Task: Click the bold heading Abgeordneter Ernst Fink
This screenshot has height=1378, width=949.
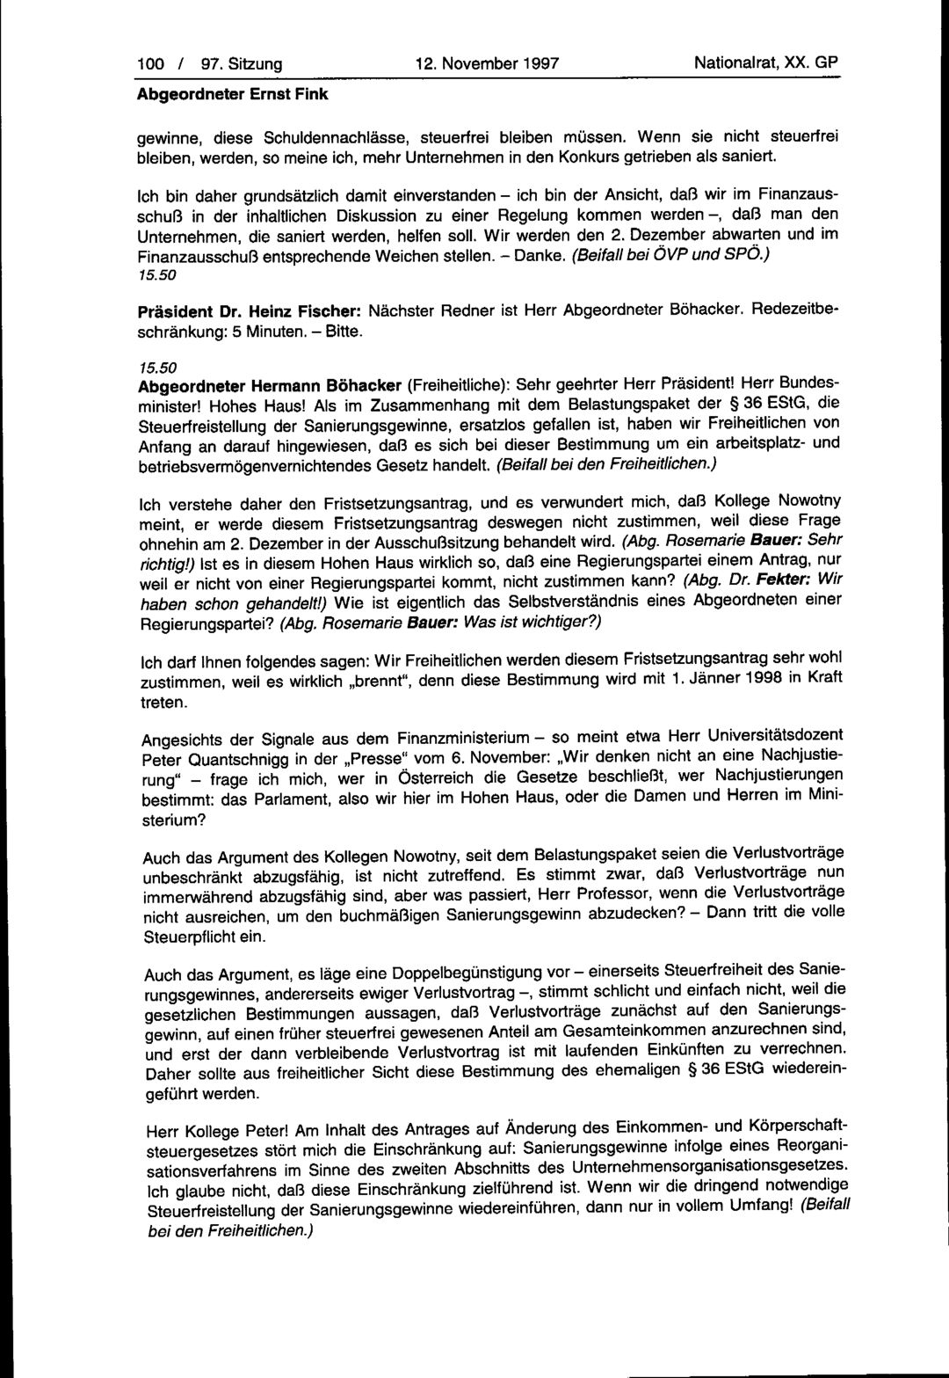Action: [234, 94]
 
